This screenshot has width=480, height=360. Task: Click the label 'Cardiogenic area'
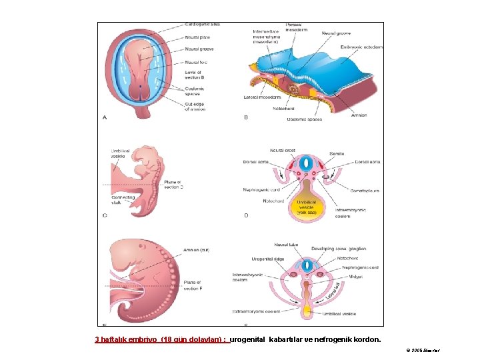click(x=202, y=25)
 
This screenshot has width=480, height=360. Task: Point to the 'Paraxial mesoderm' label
click(x=297, y=28)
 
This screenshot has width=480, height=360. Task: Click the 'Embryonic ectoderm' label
click(x=362, y=47)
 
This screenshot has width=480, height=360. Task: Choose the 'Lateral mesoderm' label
click(x=264, y=97)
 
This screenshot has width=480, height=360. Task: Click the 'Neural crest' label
click(x=283, y=151)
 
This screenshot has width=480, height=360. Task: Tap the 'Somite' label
click(x=337, y=154)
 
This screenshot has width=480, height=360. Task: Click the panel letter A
click(x=105, y=117)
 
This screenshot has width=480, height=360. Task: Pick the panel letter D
click(x=245, y=215)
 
